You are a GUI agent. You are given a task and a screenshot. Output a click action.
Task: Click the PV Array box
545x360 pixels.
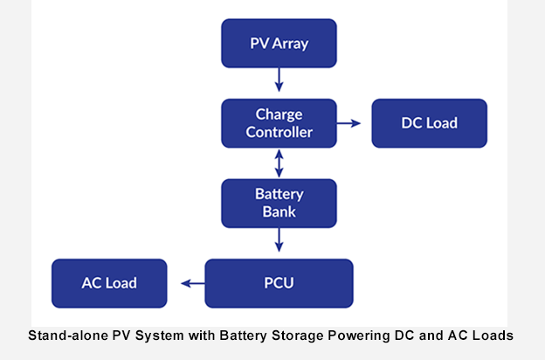click(279, 43)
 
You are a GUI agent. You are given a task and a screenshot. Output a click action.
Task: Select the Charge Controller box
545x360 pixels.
click(279, 123)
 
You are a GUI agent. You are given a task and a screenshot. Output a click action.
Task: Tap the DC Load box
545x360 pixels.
click(429, 123)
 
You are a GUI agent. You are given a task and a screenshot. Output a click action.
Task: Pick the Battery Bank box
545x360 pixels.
click(279, 203)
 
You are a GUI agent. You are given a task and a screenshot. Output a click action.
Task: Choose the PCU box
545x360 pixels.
click(279, 283)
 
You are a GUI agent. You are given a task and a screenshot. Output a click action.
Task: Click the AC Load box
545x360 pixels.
click(109, 283)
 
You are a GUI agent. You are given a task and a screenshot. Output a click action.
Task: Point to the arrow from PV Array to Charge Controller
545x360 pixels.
click(279, 80)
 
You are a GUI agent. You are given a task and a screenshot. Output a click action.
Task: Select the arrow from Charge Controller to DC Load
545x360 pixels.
click(348, 123)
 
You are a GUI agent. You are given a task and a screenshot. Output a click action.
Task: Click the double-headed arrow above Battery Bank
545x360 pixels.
click(279, 163)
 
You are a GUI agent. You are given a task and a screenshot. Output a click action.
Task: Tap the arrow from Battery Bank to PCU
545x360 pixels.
click(279, 240)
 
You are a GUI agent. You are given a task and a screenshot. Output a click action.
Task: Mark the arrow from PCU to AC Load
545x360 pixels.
click(192, 283)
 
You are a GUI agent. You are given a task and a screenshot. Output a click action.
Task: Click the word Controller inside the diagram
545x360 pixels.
click(279, 133)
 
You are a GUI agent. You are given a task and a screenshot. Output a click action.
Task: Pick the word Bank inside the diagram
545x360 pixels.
click(279, 212)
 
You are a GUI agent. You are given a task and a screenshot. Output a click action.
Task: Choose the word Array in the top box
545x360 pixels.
click(291, 43)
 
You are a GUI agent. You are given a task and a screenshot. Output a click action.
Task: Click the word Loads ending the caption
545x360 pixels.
click(493, 335)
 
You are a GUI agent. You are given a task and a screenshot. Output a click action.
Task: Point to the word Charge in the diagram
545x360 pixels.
click(279, 114)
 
